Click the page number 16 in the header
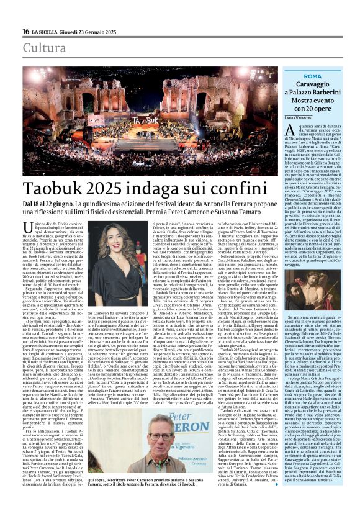[x=26, y=31]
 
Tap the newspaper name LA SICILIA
[x=47, y=31]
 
